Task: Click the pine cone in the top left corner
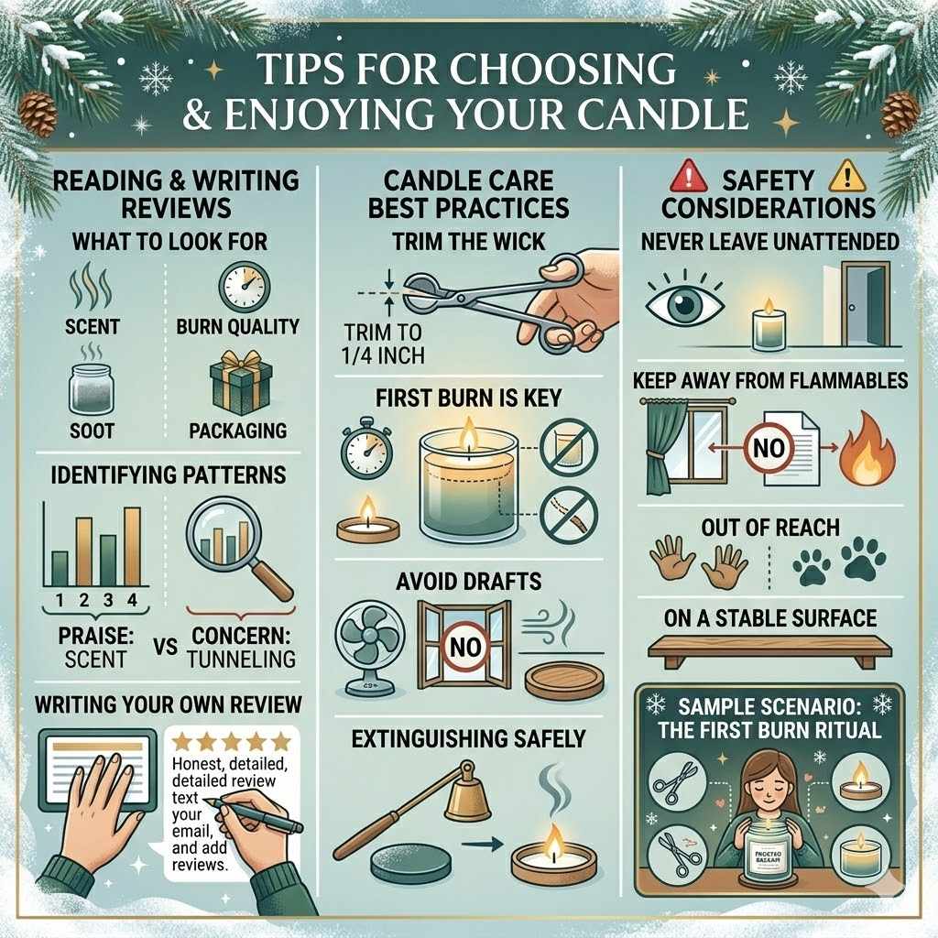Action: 38,113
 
